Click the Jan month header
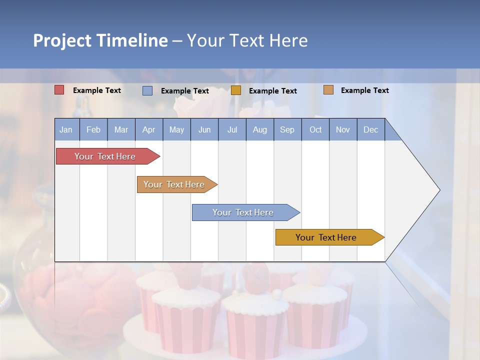click(x=66, y=130)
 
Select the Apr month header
click(x=148, y=130)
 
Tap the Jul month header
click(x=232, y=130)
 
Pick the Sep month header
click(x=287, y=130)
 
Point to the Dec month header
click(x=370, y=130)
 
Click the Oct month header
click(x=315, y=130)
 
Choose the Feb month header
click(x=93, y=130)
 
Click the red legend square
click(x=59, y=90)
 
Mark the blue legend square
click(x=147, y=90)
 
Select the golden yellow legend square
click(x=236, y=90)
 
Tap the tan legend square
click(x=328, y=90)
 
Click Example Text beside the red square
click(x=97, y=90)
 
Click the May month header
click(x=176, y=130)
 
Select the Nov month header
click(x=343, y=130)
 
